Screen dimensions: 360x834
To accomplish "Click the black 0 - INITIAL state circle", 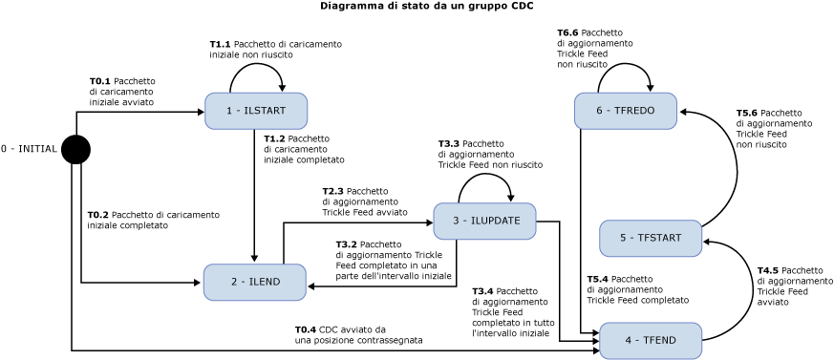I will (75, 150).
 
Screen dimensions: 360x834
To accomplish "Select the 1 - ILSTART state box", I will (255, 111).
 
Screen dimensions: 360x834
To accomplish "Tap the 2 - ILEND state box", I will (254, 283).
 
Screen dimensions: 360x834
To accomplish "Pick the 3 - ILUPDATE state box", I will (484, 222).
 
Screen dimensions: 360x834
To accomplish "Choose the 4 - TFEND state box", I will (650, 341).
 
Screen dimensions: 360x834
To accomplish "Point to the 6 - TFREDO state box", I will (625, 111).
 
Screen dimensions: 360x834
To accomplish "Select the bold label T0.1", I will (99, 82).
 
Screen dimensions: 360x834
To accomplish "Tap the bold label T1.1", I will (220, 44).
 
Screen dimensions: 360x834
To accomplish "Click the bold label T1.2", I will (274, 138).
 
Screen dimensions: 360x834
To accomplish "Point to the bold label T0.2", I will (97, 215).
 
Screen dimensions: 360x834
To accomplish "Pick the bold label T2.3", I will (332, 191).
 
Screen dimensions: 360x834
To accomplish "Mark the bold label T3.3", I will (449, 143).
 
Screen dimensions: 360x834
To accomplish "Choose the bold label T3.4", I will (482, 291).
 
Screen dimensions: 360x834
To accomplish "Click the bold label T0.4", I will (305, 329).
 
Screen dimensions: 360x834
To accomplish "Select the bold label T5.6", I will (746, 113).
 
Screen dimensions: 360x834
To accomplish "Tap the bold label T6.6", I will (567, 32).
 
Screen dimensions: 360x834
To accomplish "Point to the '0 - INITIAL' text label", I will (29, 149).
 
